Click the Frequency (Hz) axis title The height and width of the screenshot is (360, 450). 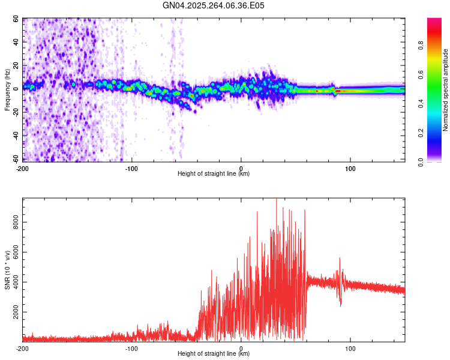coord(7,89)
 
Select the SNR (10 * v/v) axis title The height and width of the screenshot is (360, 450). coord(7,269)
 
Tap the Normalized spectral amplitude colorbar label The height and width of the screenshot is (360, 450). coord(446,90)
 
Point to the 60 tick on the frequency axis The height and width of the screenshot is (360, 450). coord(16,19)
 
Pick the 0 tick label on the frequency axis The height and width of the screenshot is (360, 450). coord(18,89)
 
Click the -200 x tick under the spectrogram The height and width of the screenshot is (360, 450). coord(23,168)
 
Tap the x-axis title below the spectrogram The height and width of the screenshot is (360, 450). coord(214,174)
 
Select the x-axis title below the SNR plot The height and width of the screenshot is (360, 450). coord(214,354)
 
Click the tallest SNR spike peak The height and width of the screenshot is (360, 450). coord(276,200)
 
